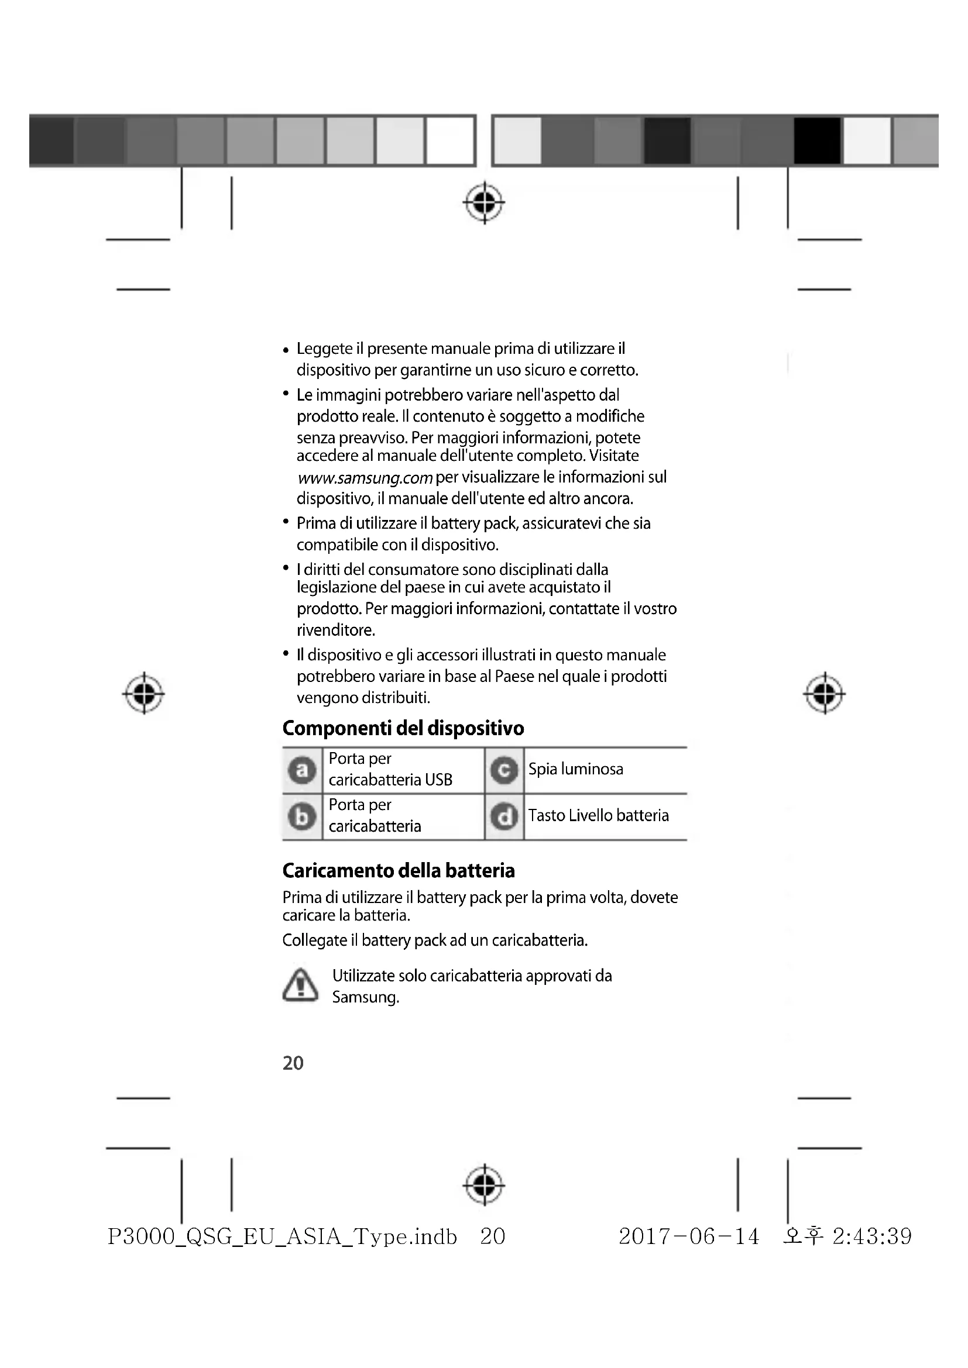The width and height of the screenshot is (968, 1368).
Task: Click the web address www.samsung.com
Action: coord(365,478)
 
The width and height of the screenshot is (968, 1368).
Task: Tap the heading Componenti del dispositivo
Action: coord(403,728)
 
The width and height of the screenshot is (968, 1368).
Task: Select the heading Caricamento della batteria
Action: coord(398,870)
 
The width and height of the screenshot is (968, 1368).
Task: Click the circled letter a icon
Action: coord(302,770)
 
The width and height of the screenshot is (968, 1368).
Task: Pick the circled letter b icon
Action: coord(302,817)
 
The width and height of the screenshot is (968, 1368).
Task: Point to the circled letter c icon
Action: coord(504,770)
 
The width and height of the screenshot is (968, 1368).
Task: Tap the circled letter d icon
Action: coord(504,817)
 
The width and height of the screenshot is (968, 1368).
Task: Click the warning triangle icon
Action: coord(300,985)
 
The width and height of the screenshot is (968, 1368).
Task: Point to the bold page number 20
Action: coord(293,1063)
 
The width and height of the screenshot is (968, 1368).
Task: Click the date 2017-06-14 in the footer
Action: coord(688,1236)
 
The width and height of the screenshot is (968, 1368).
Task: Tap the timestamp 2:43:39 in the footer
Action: coord(872,1236)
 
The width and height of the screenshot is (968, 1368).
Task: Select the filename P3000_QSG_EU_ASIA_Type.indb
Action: coord(282,1237)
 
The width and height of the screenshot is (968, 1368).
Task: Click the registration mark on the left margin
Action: coord(143,694)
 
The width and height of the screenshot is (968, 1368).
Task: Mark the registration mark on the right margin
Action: coord(825,694)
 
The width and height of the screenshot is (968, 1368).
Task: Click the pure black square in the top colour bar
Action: coord(817,140)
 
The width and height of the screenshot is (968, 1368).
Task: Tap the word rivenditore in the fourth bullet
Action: coord(335,630)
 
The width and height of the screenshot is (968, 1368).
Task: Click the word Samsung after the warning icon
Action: coord(364,997)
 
